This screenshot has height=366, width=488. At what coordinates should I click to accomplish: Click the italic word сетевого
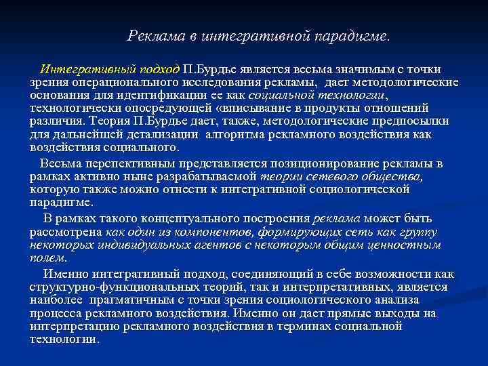(x=318, y=177)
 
